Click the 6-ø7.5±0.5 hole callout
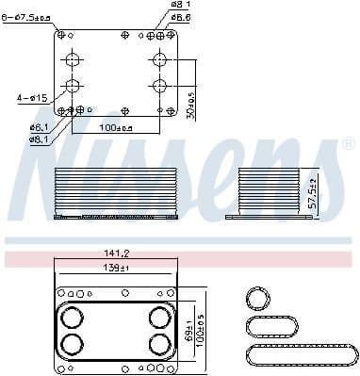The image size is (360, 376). point(27,17)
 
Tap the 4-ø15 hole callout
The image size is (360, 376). point(30,96)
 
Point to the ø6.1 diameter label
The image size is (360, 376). point(39,126)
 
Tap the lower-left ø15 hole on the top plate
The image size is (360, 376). point(73,86)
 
